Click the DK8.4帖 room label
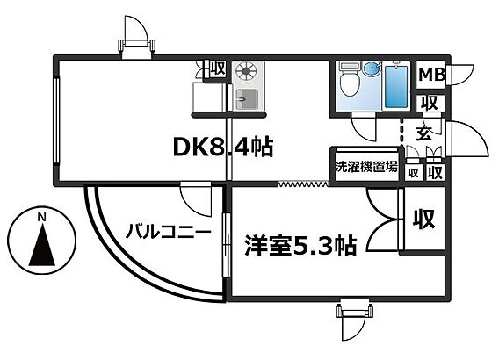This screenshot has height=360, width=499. point(223,147)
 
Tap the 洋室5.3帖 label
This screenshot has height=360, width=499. point(300,245)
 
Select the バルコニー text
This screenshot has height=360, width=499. point(169,231)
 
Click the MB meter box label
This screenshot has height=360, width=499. point(432,75)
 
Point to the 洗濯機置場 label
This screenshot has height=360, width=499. point(366,166)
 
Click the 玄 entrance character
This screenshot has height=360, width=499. point(424,133)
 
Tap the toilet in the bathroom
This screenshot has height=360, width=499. point(350,79)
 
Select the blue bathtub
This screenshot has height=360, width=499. point(396,87)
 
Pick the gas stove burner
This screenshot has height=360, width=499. point(247,70)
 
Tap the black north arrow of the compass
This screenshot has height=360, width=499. point(42,244)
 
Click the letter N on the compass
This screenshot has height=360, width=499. point(41,218)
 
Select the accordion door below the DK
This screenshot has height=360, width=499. point(304,184)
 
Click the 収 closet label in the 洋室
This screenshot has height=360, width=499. point(424,219)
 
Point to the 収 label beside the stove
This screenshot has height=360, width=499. point(218,68)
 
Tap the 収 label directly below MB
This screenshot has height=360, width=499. point(430,103)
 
